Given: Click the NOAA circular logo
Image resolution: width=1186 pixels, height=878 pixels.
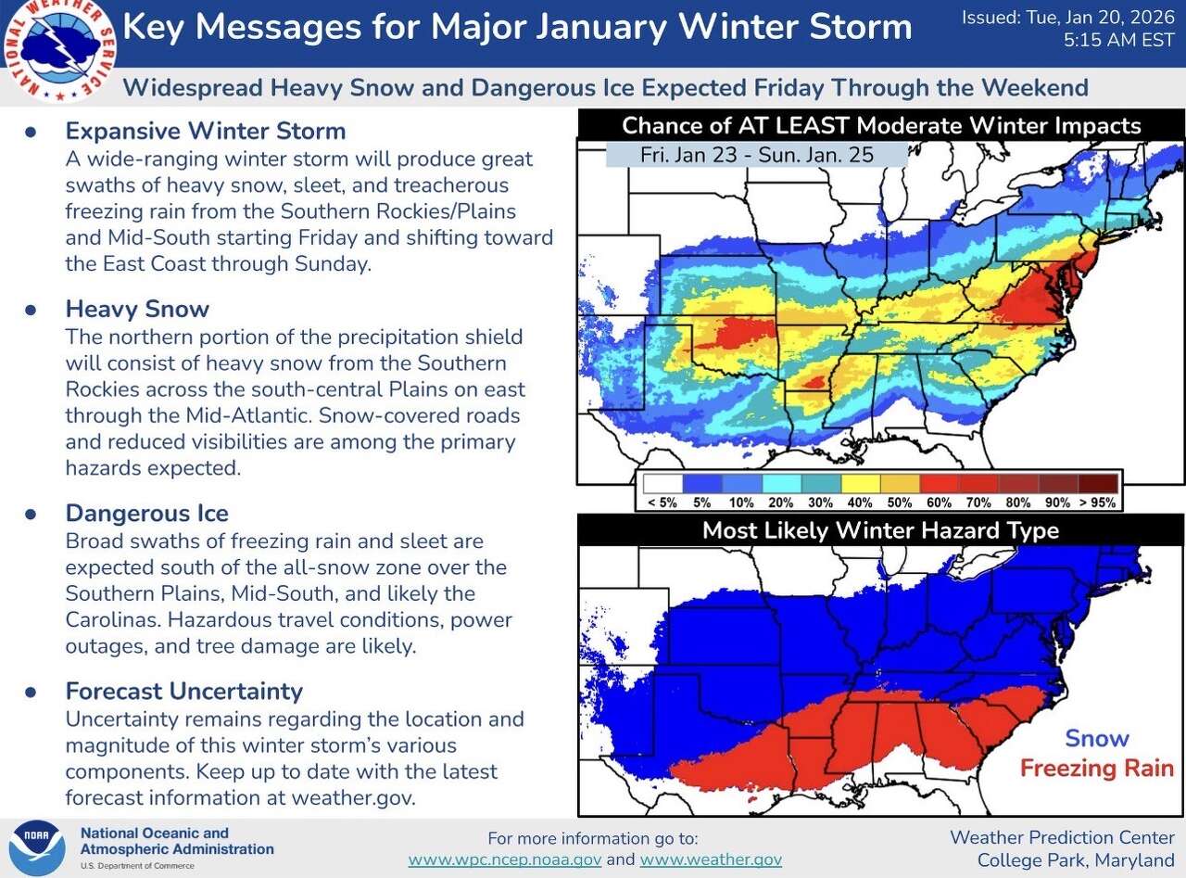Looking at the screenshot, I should [37, 847].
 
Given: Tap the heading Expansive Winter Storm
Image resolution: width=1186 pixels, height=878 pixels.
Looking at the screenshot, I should [205, 131].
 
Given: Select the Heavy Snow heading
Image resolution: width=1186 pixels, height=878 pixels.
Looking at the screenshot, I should [137, 309].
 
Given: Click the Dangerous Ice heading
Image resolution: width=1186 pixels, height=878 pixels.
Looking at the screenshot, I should [146, 514].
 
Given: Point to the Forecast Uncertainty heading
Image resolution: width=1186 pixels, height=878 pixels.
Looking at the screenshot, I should [183, 692].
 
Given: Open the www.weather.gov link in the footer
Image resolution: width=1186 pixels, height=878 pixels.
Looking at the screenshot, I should [711, 859].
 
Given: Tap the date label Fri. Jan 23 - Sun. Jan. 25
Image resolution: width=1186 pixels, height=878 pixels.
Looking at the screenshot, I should [756, 155].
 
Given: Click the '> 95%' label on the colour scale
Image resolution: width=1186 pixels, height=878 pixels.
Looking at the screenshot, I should [1097, 503].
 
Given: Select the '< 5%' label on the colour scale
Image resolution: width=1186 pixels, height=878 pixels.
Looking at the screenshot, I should [662, 503].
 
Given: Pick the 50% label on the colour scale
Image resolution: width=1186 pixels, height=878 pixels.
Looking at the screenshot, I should [900, 503].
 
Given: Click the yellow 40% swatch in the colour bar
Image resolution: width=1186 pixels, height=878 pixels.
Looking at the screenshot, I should [860, 484].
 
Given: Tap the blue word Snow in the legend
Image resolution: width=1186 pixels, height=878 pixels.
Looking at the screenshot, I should [1096, 739].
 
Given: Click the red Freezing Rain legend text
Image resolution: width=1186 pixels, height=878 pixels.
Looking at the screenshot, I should [1096, 768].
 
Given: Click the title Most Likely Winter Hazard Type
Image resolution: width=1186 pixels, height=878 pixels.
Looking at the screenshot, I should [879, 530].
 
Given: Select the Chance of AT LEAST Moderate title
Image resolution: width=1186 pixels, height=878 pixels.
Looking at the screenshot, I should [880, 125].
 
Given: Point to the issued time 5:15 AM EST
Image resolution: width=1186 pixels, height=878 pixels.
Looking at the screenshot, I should [1120, 41].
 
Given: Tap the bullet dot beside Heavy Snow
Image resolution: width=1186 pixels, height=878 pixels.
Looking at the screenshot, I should [30, 310].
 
